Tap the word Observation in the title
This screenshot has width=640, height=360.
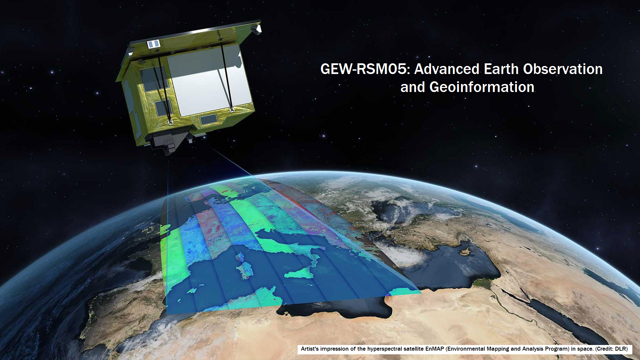[x=563, y=69]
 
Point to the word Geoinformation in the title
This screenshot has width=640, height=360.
[x=482, y=87]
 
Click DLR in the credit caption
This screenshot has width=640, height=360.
[x=621, y=349]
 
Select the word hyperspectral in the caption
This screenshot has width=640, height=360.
[x=384, y=349]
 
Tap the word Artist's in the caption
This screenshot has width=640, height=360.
[x=310, y=349]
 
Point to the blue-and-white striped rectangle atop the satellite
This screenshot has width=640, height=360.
[x=154, y=44]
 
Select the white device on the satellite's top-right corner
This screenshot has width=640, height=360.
[x=256, y=29]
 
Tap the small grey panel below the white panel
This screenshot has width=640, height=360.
[x=209, y=119]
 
